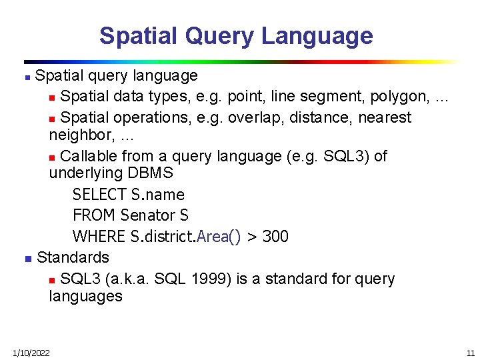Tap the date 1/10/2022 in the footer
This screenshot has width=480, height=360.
click(x=30, y=353)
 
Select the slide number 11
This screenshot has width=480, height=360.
click(x=470, y=353)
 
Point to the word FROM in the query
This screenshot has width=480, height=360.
click(x=94, y=215)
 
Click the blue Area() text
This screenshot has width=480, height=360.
click(x=219, y=237)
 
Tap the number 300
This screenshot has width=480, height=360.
click(x=275, y=237)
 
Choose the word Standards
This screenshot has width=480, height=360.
click(x=73, y=257)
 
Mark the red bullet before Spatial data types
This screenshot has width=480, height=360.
click(x=53, y=98)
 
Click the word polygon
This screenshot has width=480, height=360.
click(x=400, y=97)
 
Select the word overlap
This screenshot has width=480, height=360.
click(x=253, y=118)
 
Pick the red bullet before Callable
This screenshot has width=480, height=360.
click(x=53, y=157)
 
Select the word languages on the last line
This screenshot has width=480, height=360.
click(x=85, y=296)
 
